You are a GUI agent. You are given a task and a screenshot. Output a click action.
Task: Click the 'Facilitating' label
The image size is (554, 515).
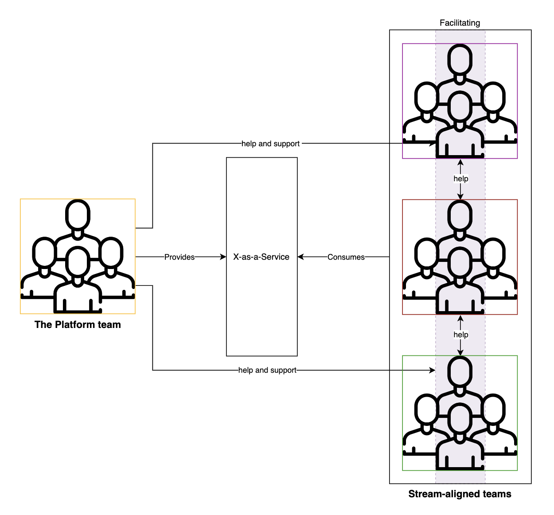tap(460, 23)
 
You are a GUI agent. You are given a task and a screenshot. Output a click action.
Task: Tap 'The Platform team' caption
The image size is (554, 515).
tap(78, 324)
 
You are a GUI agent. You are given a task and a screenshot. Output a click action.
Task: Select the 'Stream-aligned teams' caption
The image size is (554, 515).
tap(460, 494)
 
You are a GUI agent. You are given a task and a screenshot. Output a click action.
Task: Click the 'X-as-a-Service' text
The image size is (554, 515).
tap(261, 257)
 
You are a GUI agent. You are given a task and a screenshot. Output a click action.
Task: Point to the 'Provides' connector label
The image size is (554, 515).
tap(179, 257)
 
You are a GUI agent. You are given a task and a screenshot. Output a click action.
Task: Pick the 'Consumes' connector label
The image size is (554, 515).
tap(346, 257)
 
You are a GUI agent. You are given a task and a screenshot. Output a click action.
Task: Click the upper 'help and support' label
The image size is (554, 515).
tap(270, 144)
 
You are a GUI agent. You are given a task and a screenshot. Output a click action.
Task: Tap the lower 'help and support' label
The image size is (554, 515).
tap(267, 370)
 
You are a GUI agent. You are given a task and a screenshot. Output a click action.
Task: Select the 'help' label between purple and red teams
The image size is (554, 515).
tap(460, 179)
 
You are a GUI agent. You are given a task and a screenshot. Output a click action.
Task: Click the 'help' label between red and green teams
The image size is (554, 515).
tap(460, 335)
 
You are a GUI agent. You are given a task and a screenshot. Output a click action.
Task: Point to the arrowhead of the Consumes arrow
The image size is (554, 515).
tap(300, 257)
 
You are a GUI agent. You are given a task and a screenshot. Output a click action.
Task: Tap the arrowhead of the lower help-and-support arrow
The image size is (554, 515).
tap(433, 370)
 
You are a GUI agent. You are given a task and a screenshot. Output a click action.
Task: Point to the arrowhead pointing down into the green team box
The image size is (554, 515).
tap(460, 352)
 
